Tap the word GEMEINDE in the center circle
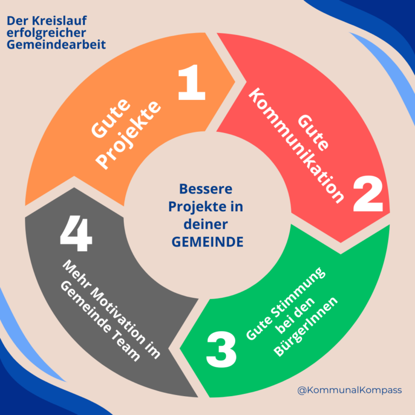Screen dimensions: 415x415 coord(207,242)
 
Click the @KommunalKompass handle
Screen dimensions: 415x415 coord(350,389)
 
